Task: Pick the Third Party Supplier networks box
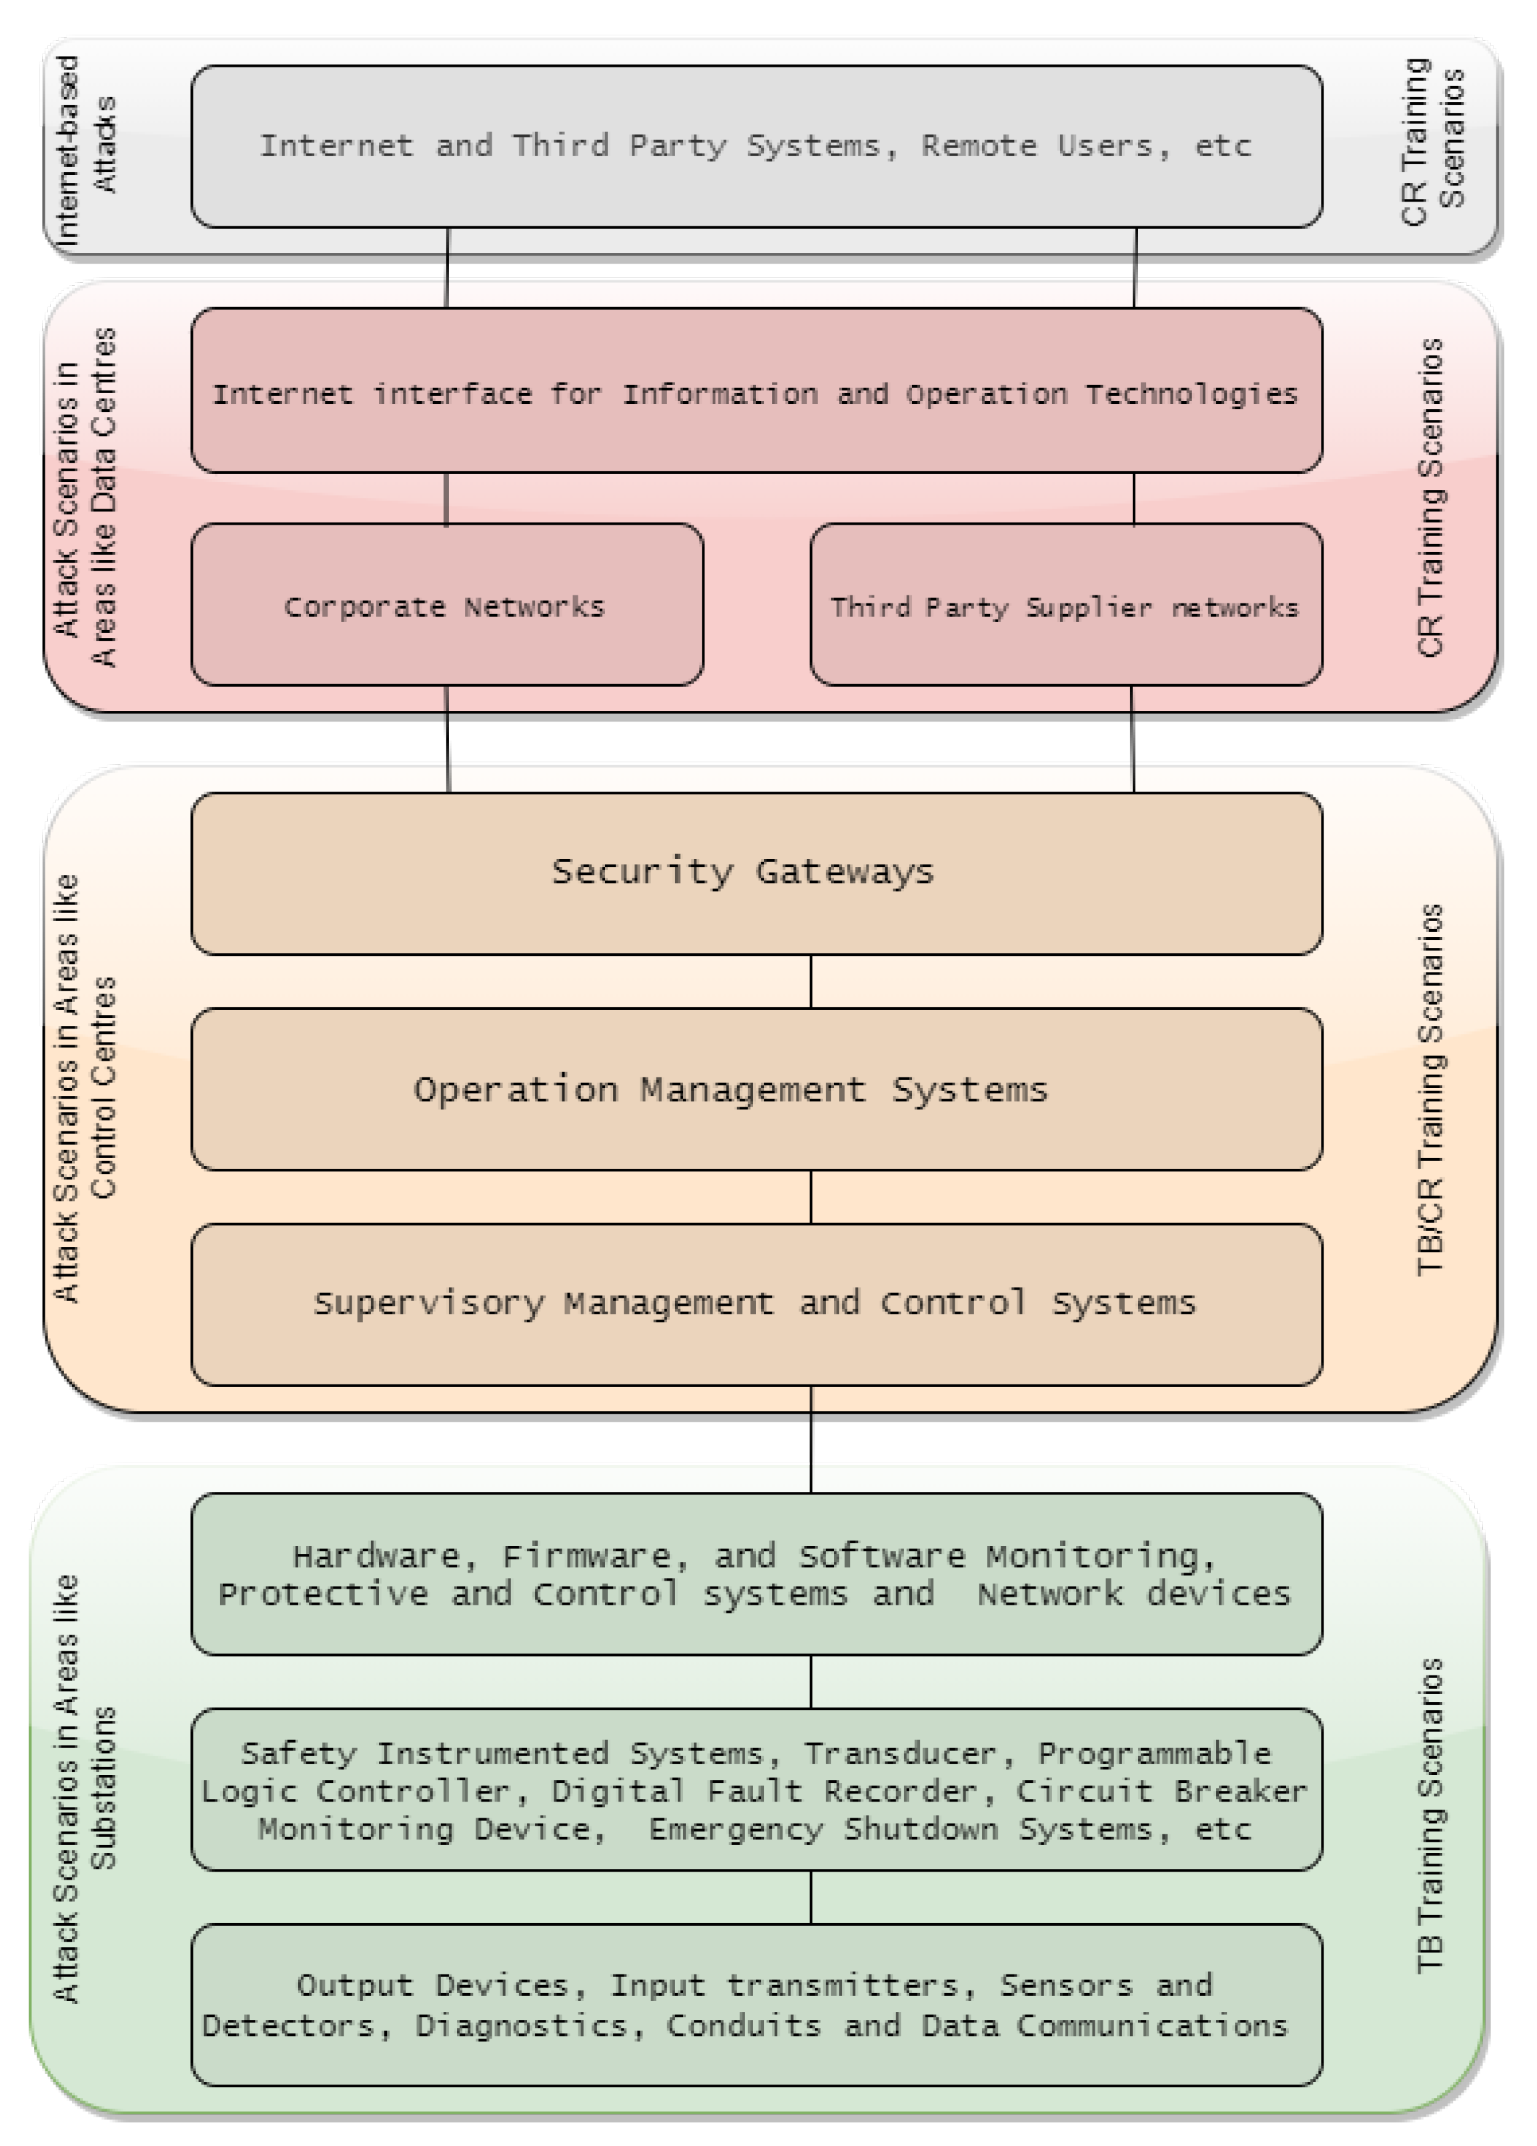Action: pyautogui.click(x=1065, y=605)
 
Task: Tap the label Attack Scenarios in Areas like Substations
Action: pyautogui.click(x=85, y=1788)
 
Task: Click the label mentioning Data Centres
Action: pyautogui.click(x=85, y=497)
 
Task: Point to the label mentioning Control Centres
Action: pyautogui.click(x=85, y=1088)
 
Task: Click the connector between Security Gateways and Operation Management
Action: pyautogui.click(x=811, y=981)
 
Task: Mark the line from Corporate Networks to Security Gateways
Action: pyautogui.click(x=448, y=739)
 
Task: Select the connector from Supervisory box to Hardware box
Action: pyautogui.click(x=811, y=1438)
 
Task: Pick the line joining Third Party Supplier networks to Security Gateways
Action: pyautogui.click(x=1132, y=739)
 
